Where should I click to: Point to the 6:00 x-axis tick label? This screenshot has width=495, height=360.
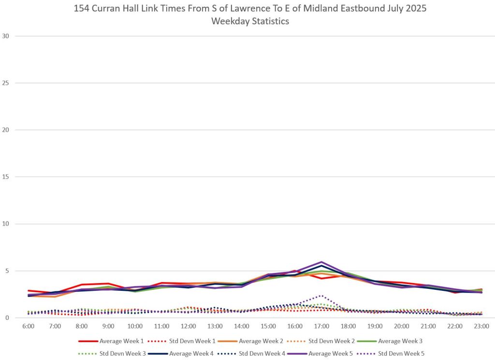point(29,326)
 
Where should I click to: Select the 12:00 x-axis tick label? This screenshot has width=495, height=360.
point(188,326)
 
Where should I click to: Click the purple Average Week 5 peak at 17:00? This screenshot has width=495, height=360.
point(321,262)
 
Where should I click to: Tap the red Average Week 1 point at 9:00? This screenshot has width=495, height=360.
point(109,284)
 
